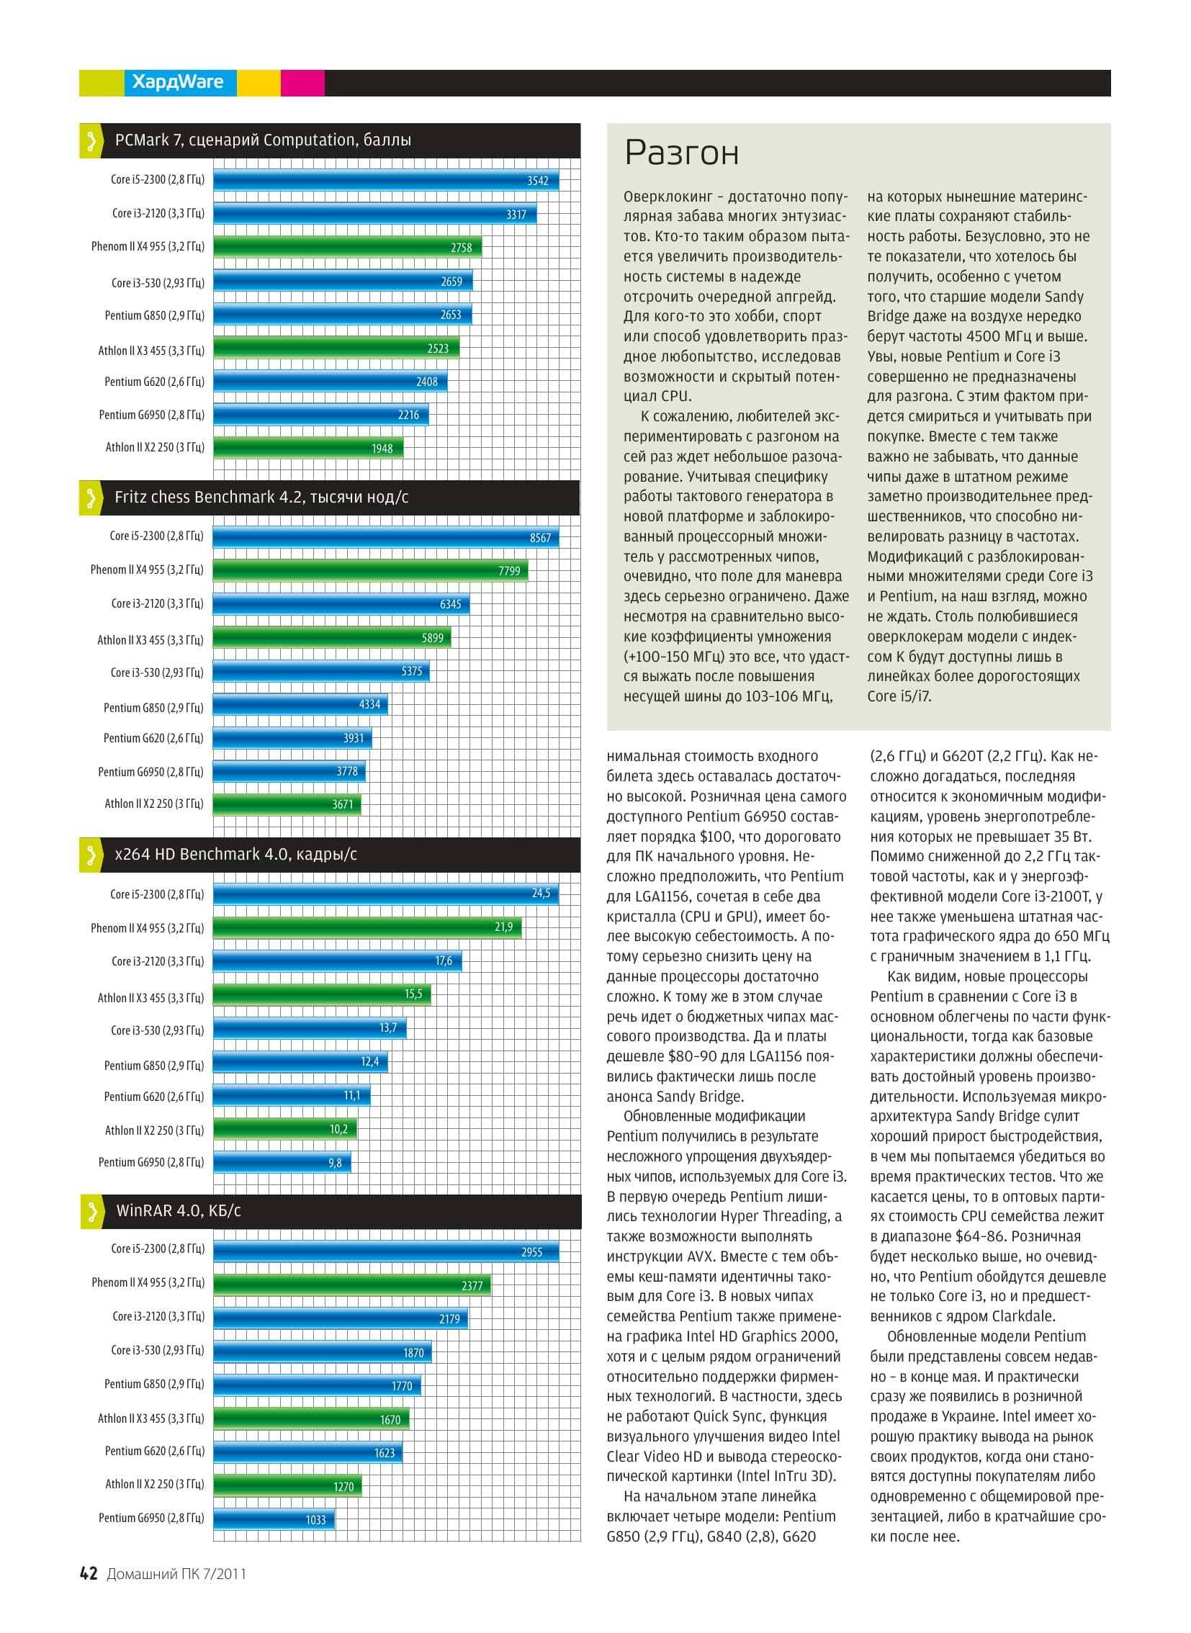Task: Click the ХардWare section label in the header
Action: pos(177,82)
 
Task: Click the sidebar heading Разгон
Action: pos(681,153)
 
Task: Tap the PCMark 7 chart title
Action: pos(263,140)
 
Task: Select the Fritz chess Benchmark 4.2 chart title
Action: pos(261,497)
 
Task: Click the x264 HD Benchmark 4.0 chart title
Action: pos(235,854)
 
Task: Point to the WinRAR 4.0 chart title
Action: pos(178,1210)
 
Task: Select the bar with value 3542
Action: pos(386,180)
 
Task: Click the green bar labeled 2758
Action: pos(348,247)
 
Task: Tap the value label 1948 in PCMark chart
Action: pos(382,449)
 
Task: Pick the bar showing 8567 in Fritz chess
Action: pos(386,537)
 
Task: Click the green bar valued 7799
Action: pos(371,570)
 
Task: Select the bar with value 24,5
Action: pos(386,894)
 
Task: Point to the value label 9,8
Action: pos(336,1162)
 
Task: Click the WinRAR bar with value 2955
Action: pos(386,1251)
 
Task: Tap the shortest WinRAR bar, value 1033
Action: pos(274,1519)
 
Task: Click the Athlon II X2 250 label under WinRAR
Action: pos(154,1484)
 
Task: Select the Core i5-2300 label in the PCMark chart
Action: pos(157,179)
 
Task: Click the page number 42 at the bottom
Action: pos(89,1573)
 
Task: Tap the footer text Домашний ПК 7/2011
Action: pos(176,1574)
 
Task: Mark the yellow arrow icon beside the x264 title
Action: pos(91,855)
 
